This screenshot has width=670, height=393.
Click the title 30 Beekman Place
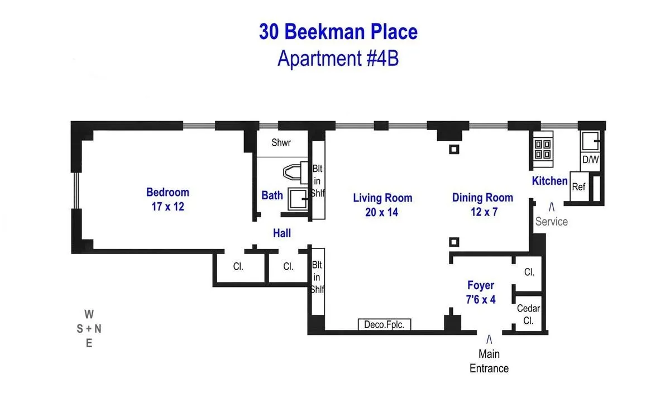(x=338, y=32)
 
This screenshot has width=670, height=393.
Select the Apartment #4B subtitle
(x=338, y=57)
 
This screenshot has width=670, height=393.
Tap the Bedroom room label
(x=167, y=192)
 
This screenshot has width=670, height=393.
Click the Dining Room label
(x=482, y=198)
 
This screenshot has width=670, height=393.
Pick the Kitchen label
(x=549, y=181)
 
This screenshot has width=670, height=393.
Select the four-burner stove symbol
(x=542, y=150)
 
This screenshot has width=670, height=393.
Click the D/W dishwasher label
(x=590, y=160)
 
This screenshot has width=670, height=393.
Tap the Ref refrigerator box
(x=578, y=187)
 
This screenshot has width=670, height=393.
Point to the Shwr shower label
(x=281, y=142)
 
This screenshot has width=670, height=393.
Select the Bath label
(x=272, y=195)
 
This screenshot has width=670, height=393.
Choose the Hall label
(x=282, y=233)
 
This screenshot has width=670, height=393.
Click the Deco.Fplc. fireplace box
(x=384, y=324)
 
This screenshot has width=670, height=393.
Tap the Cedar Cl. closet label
(x=528, y=314)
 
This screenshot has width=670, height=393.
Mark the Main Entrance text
(x=489, y=361)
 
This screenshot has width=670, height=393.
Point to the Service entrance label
(x=552, y=222)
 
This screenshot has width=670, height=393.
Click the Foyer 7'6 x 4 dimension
(x=481, y=300)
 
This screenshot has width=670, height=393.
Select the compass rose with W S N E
(x=89, y=329)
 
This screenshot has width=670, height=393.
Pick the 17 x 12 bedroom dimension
(x=167, y=207)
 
